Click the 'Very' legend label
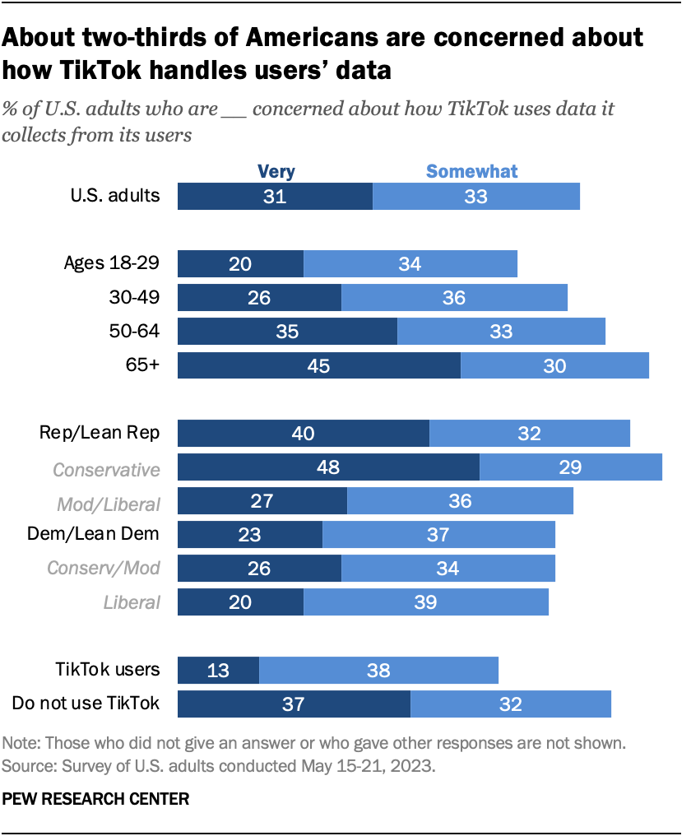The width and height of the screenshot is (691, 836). [x=276, y=171]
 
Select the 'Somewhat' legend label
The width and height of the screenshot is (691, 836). [x=471, y=171]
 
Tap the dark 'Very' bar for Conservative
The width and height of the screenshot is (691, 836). [x=328, y=467]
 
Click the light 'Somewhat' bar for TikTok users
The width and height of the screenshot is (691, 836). [x=378, y=670]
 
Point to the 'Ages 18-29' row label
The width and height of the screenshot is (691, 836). [x=111, y=263]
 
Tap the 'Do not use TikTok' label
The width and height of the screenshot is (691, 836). [x=86, y=703]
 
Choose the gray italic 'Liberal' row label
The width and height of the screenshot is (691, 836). [x=132, y=601]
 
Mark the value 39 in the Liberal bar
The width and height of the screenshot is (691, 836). [x=425, y=602]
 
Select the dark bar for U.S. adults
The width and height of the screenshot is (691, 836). [x=275, y=197]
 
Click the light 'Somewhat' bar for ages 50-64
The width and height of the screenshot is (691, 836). [x=501, y=332]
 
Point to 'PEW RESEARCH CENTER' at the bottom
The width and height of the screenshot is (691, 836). [x=95, y=797]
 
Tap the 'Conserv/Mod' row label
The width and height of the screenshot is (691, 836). [x=103, y=568]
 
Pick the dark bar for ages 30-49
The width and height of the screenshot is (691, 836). [x=259, y=298]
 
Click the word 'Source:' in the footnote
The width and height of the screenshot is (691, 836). [x=27, y=764]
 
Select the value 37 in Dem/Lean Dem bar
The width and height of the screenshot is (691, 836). [x=438, y=535]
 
